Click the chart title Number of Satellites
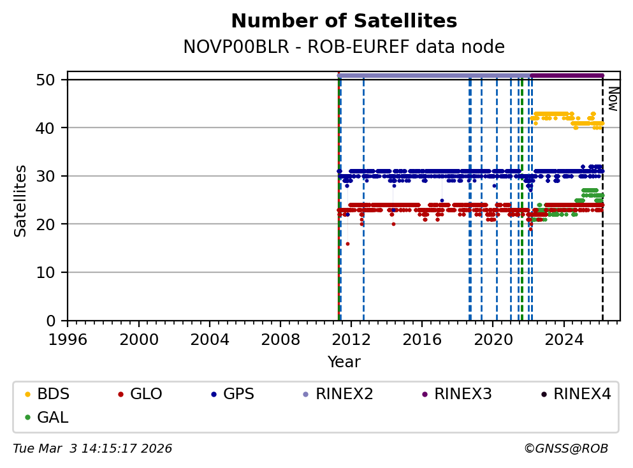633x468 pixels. click(x=344, y=21)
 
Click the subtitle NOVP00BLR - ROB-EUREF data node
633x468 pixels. click(x=344, y=47)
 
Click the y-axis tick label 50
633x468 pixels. click(x=51, y=80)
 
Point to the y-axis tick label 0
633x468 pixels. click(x=55, y=321)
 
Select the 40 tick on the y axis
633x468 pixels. click(x=51, y=128)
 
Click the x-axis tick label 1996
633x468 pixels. click(x=68, y=339)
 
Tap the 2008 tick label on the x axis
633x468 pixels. click(x=281, y=339)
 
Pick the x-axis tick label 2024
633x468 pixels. click(x=565, y=339)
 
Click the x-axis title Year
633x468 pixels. click(x=344, y=362)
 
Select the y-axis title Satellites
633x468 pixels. click(x=21, y=200)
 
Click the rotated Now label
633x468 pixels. click(x=612, y=99)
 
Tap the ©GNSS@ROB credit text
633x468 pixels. click(x=565, y=449)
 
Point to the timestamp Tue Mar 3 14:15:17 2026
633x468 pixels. click(x=92, y=449)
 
